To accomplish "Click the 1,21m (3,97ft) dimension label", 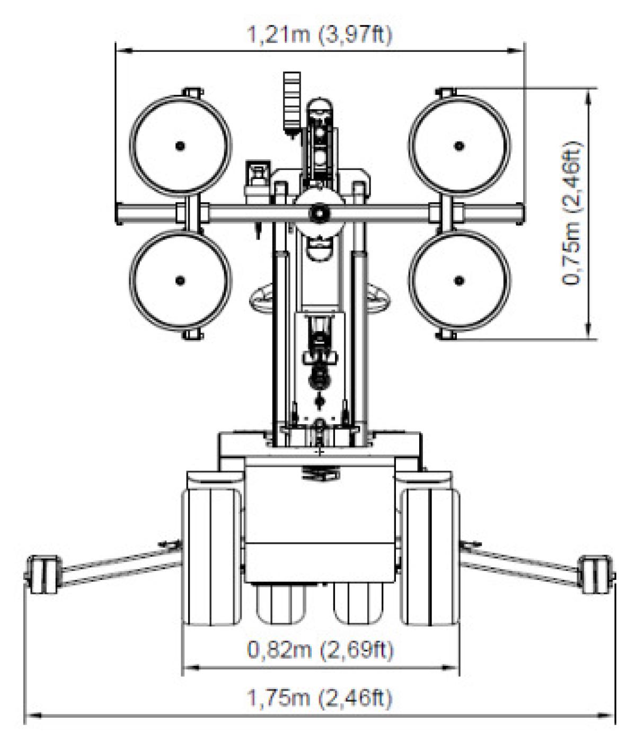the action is pyautogui.click(x=320, y=35).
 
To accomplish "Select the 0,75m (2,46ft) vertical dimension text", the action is pyautogui.click(x=572, y=213).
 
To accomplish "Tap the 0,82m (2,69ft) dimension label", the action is pyautogui.click(x=320, y=649).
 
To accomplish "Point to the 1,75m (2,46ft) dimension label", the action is pyautogui.click(x=320, y=697).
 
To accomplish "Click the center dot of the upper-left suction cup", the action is pyautogui.click(x=180, y=146).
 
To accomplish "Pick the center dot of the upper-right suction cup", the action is pyautogui.click(x=459, y=146).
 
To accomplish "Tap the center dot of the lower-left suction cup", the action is pyautogui.click(x=180, y=280).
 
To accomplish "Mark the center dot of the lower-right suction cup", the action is pyautogui.click(x=459, y=280).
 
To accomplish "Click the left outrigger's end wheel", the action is pyautogui.click(x=42, y=574).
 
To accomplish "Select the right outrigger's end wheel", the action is pyautogui.click(x=596, y=574).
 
